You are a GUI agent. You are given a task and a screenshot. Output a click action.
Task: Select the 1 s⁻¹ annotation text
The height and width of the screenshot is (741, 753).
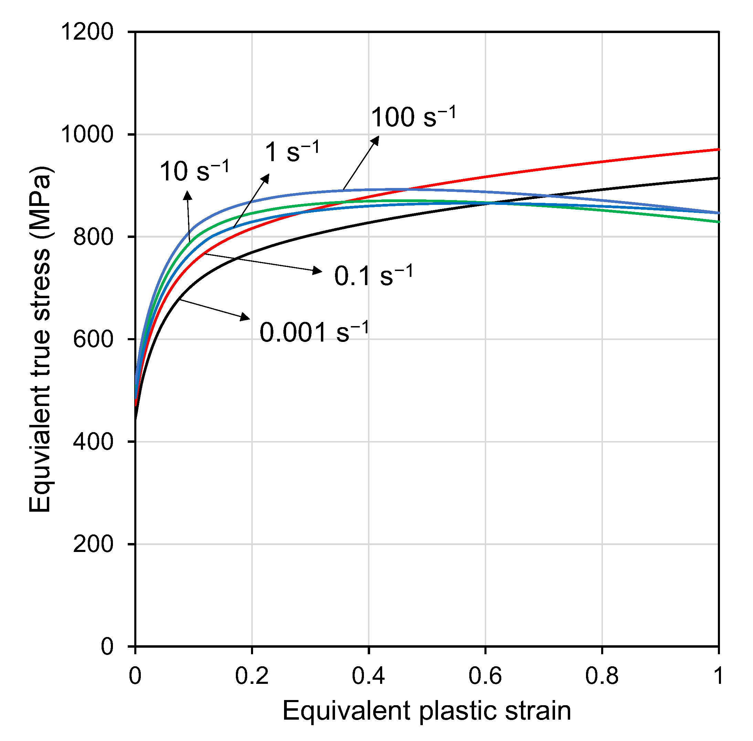pos(292,152)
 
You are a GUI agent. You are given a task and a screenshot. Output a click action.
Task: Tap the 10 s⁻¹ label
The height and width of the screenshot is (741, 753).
pos(194,171)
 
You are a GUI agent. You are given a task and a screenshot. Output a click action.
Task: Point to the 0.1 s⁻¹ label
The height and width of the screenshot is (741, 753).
pos(373,276)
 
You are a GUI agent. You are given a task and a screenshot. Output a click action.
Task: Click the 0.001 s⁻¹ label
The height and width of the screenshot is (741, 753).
pos(313,333)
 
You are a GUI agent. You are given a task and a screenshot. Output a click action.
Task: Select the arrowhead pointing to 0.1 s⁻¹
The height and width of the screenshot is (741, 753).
pos(317,271)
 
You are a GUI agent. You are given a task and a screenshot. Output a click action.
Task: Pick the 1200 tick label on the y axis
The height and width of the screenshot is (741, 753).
pos(87,32)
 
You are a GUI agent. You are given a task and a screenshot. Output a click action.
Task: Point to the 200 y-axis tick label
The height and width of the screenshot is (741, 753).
pos(93,544)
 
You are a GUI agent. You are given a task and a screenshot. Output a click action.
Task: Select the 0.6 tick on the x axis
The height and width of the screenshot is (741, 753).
pos(485,676)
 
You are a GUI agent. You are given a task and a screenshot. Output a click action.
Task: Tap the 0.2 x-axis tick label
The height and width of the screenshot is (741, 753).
pos(251,676)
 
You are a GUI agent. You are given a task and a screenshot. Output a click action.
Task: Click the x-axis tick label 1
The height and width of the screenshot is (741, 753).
pos(718,676)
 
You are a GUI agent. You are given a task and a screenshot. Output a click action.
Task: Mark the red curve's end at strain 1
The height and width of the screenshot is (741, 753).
pos(718,149)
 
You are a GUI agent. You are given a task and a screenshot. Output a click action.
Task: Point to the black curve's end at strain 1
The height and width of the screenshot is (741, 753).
pos(718,178)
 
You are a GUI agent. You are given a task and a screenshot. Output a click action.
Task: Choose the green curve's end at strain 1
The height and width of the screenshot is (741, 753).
pos(718,222)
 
